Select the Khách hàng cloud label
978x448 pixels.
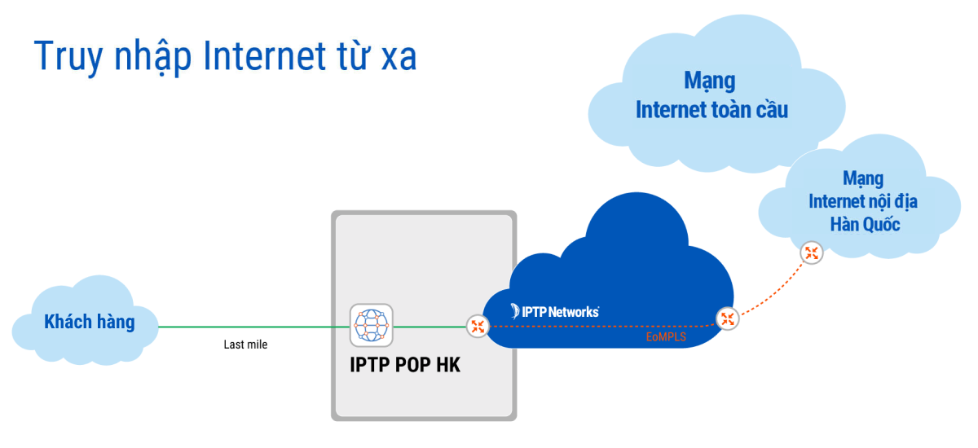(89, 323)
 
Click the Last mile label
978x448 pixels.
(245, 345)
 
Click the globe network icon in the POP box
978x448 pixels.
(371, 325)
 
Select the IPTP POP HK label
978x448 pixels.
(405, 365)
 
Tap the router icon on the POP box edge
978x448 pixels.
(478, 327)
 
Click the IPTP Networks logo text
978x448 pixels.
(555, 311)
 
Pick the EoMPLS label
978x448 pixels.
(666, 336)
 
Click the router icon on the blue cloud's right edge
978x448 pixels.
(727, 319)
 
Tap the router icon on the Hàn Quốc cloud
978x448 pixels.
(811, 253)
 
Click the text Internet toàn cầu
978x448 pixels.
(711, 109)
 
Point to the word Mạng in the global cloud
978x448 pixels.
(709, 81)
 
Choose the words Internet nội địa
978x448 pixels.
(863, 201)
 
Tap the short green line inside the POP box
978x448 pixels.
(428, 327)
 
